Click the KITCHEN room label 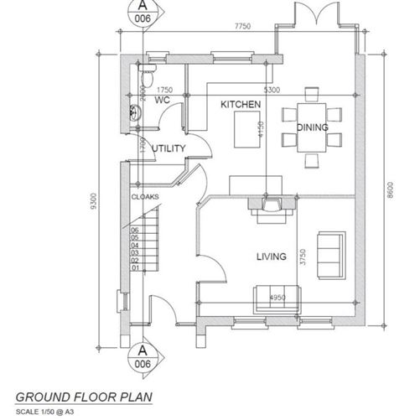pos(241,104)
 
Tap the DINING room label pos(313,127)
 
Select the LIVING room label pos(272,257)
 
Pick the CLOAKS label pos(144,197)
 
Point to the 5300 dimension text pos(272,90)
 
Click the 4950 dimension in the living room pos(277,298)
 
